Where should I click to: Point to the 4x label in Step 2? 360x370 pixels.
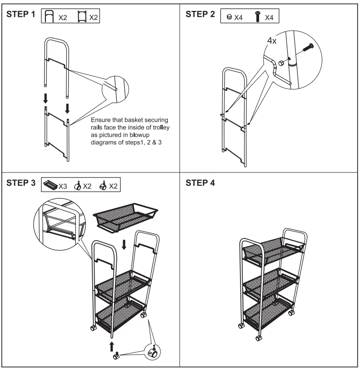pos(271,41)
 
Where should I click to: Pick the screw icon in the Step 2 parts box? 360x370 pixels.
pos(257,17)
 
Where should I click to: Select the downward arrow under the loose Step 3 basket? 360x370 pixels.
pos(125,244)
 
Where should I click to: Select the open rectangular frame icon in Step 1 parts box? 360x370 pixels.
pos(82,17)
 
